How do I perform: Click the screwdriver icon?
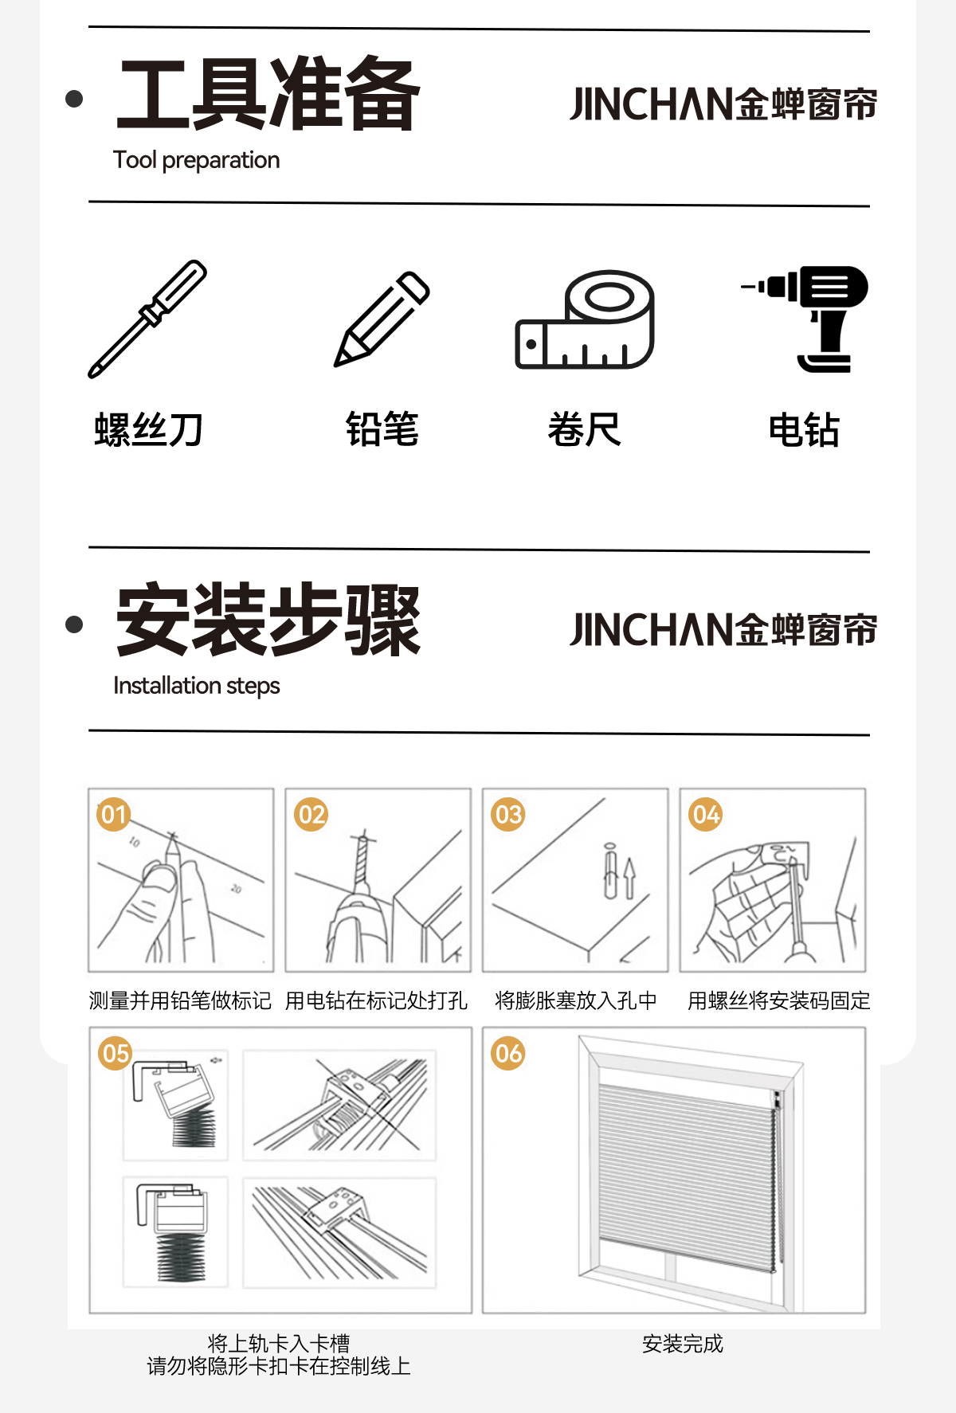pyautogui.click(x=147, y=319)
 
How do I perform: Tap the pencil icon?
pyautogui.click(x=382, y=319)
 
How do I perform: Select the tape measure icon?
pyautogui.click(x=585, y=319)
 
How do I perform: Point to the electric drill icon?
pyautogui.click(x=805, y=319)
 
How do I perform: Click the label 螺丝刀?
pyautogui.click(x=148, y=430)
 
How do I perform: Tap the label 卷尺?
pyautogui.click(x=584, y=430)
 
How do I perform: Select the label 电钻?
pyautogui.click(x=804, y=430)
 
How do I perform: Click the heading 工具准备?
pyautogui.click(x=268, y=94)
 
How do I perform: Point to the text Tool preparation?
pyautogui.click(x=197, y=160)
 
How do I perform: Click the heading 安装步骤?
pyautogui.click(x=268, y=620)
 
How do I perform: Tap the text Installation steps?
pyautogui.click(x=197, y=686)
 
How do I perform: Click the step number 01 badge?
pyautogui.click(x=114, y=815)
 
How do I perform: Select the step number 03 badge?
pyautogui.click(x=508, y=815)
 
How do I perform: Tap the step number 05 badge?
pyautogui.click(x=115, y=1053)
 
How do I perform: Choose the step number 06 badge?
pyautogui.click(x=508, y=1053)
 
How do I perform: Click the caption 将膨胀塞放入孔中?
pyautogui.click(x=576, y=1000)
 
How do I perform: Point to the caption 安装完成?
pyautogui.click(x=683, y=1344)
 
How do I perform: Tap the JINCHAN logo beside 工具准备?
pyautogui.click(x=723, y=104)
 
